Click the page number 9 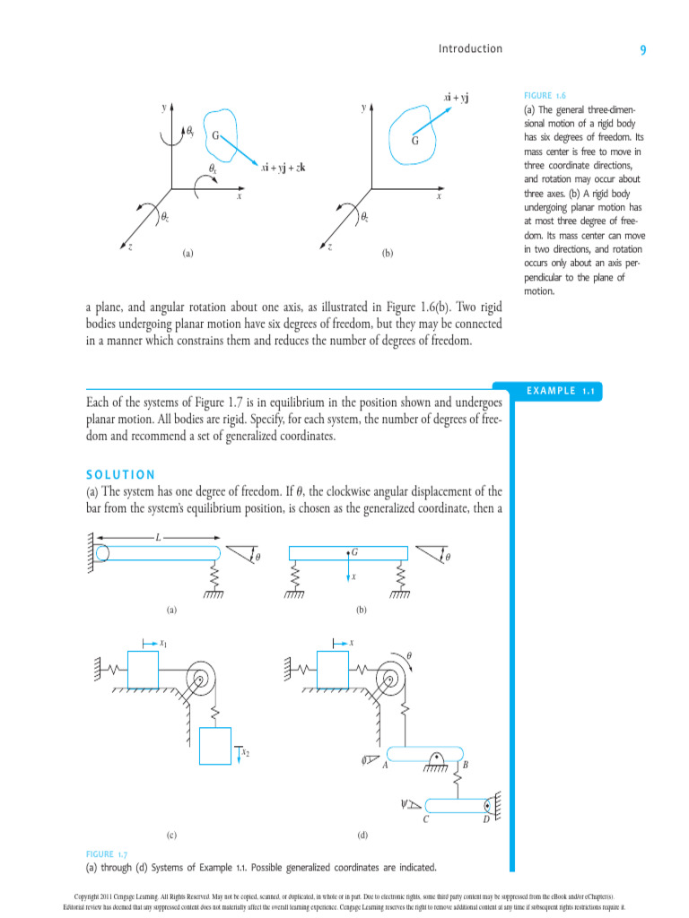click(x=643, y=50)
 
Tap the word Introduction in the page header click(x=470, y=48)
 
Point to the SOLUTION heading click(x=120, y=474)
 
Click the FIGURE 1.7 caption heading click(x=107, y=854)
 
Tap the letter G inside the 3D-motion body click(x=215, y=135)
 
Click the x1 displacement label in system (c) click(x=162, y=643)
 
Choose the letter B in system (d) click(x=465, y=765)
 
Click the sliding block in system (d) click(x=333, y=670)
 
